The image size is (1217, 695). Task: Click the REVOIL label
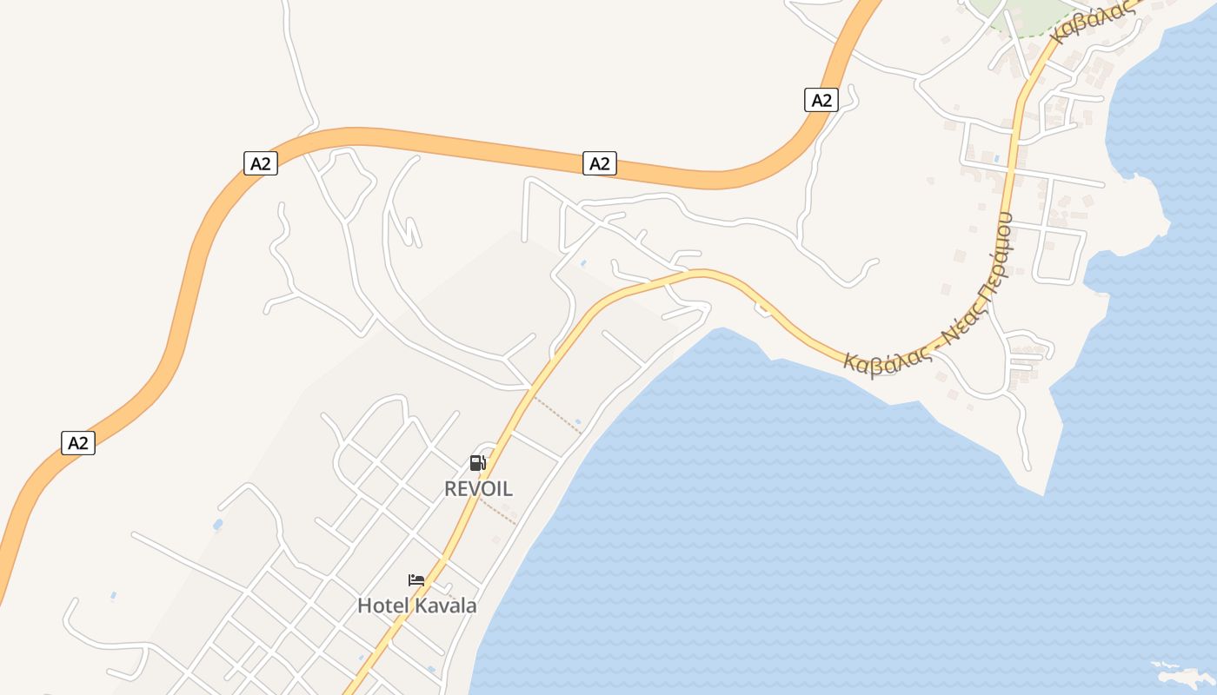pyautogui.click(x=478, y=489)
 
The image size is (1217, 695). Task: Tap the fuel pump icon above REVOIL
pyautogui.click(x=477, y=463)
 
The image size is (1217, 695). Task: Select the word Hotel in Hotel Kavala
pyautogui.click(x=383, y=606)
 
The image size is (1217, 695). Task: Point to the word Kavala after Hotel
pyautogui.click(x=445, y=606)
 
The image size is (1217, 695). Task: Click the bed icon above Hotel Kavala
pyautogui.click(x=416, y=580)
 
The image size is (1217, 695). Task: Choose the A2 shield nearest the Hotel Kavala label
pyautogui.click(x=78, y=443)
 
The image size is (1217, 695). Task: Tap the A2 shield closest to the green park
pyautogui.click(x=821, y=100)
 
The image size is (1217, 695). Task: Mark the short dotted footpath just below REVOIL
pyautogui.click(x=498, y=511)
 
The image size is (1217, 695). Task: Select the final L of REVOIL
pyautogui.click(x=507, y=489)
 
